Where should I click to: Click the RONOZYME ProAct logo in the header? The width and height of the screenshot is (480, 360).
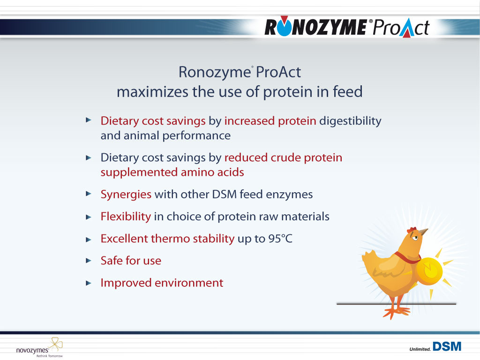click(347, 27)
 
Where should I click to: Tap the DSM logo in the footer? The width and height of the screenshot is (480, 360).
click(447, 346)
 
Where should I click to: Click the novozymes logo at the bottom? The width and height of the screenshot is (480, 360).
click(39, 347)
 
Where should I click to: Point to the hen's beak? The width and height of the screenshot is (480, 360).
click(424, 232)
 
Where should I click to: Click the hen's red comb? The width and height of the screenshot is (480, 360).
click(412, 230)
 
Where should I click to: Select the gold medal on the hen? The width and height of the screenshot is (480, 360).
click(429, 271)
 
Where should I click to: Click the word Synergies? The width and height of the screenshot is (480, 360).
click(126, 195)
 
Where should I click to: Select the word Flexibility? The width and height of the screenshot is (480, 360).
click(126, 217)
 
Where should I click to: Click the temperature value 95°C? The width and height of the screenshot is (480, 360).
click(280, 239)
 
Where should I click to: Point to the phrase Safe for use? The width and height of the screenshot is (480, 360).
click(131, 261)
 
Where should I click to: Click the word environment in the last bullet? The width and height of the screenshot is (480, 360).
click(189, 283)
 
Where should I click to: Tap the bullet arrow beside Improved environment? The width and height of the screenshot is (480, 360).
click(89, 283)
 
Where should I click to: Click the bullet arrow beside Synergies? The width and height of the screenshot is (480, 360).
click(89, 194)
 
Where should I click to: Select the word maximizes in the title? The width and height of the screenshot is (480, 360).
click(152, 92)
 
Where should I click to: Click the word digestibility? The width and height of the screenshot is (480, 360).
click(350, 121)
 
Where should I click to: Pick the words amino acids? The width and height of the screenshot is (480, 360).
click(212, 172)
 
